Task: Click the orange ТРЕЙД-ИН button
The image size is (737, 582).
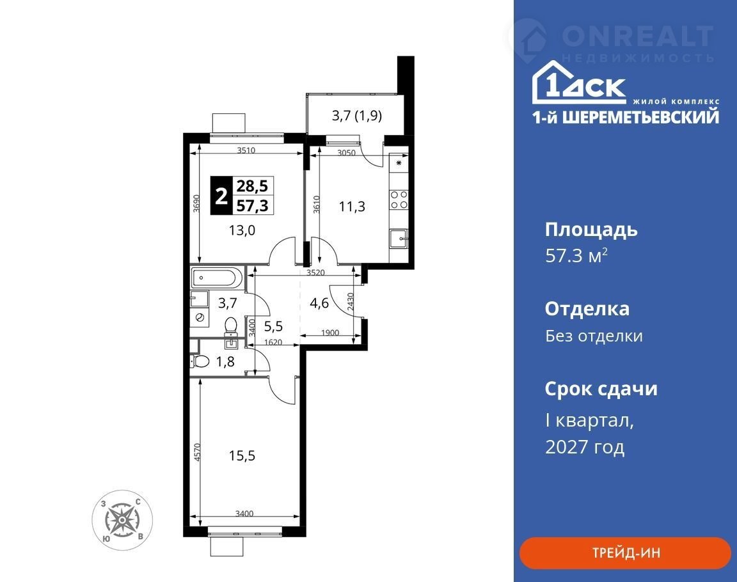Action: tap(625, 553)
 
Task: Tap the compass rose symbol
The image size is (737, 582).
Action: tap(122, 520)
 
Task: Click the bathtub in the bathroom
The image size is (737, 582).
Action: tap(217, 278)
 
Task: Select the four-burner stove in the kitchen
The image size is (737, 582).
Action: tap(399, 199)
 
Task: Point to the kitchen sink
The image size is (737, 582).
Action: tap(399, 239)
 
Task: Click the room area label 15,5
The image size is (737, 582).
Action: tap(242, 455)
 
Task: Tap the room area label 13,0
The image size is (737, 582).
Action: tap(242, 230)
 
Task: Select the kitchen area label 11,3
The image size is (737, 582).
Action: tap(352, 206)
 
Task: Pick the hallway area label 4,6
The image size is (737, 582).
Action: tap(319, 303)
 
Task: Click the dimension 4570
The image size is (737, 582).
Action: tap(198, 452)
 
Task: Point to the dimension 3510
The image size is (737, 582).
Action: tap(246, 150)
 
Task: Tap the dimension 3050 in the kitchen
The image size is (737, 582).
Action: tap(347, 153)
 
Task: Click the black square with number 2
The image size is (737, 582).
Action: tap(221, 196)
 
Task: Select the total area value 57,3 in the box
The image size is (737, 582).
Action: tap(253, 205)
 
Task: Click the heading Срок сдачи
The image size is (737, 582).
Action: tap(601, 389)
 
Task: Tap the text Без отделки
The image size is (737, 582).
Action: tap(594, 336)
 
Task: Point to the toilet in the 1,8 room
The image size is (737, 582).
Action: tap(201, 362)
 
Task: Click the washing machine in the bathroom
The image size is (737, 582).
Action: tap(200, 317)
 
